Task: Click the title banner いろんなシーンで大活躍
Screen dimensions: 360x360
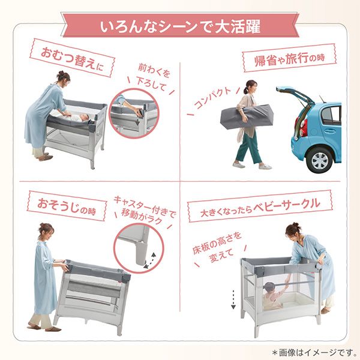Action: tap(180, 27)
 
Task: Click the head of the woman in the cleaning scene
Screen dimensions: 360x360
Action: tap(47, 230)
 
